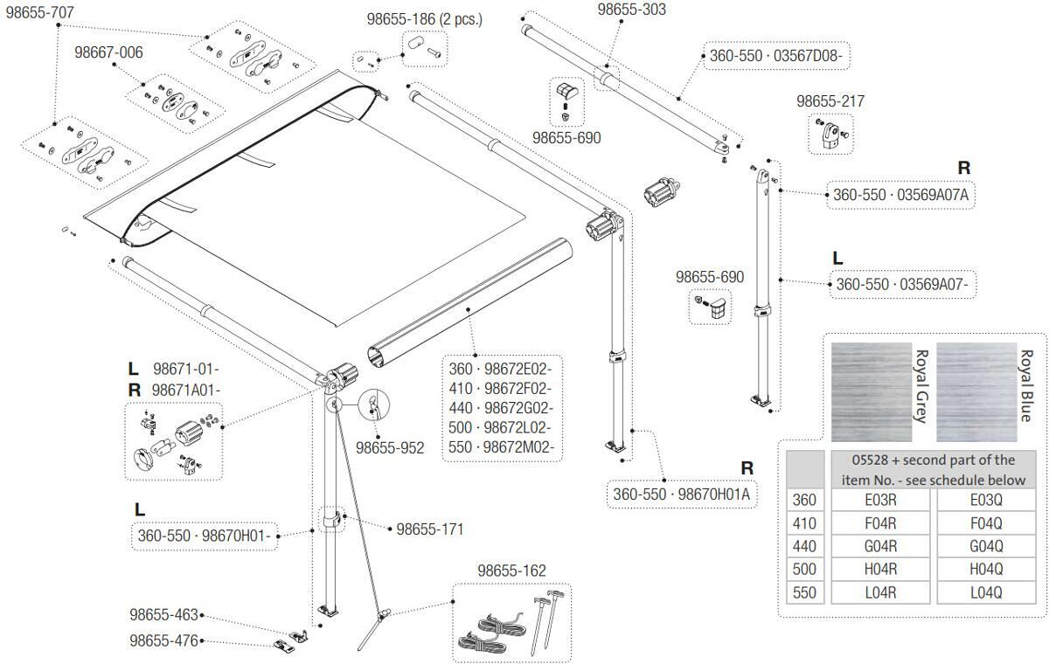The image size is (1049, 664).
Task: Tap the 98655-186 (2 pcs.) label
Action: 424,18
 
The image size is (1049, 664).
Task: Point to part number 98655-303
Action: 631,10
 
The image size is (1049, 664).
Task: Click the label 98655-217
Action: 830,101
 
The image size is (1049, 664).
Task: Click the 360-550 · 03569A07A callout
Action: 900,195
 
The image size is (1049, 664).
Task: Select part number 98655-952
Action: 389,448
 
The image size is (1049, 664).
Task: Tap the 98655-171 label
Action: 429,529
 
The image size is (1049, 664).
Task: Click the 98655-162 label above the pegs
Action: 511,571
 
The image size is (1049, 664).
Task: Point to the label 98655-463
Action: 163,615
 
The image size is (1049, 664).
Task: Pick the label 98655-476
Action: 163,640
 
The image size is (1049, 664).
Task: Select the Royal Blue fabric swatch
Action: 976,391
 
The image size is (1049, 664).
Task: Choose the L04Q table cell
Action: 986,592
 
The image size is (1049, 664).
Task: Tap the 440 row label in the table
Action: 803,547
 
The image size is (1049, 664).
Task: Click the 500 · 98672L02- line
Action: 501,429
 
